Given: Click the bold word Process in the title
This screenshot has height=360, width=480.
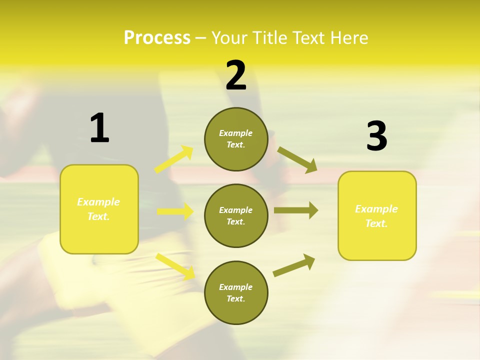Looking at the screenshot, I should (x=157, y=38).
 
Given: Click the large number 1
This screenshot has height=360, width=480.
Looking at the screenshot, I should (x=99, y=128).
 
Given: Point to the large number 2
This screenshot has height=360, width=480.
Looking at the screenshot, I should (x=236, y=75).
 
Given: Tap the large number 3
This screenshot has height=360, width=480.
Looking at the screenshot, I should (x=376, y=136).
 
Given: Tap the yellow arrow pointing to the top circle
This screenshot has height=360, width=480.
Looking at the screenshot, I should (x=174, y=159).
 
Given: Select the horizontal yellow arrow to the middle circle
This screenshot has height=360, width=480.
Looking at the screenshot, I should (x=175, y=211).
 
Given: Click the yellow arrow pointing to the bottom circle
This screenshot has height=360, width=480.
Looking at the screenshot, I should (x=175, y=266).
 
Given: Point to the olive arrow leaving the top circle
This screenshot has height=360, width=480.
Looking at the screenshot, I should (x=297, y=159).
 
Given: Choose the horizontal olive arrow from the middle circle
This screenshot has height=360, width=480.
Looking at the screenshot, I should (x=296, y=210).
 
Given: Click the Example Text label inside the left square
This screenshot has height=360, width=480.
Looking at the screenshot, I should (x=98, y=209).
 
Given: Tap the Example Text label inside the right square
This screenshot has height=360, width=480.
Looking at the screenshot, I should (x=376, y=216).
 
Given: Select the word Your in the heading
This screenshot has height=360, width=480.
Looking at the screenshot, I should (x=229, y=38).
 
